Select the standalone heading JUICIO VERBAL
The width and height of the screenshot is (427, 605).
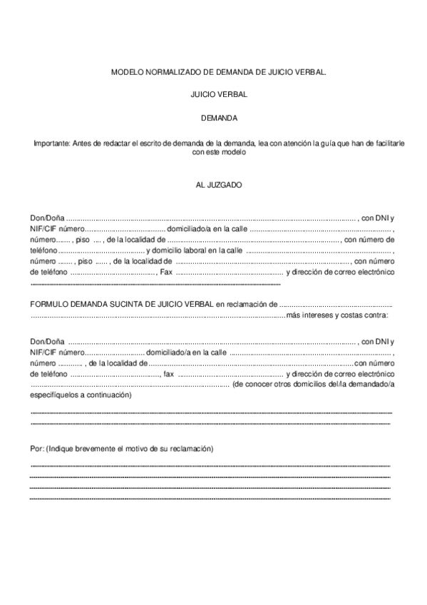[x=213, y=95]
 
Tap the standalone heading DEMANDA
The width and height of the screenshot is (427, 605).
[x=214, y=118]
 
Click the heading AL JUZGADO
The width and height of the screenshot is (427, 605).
[x=214, y=185]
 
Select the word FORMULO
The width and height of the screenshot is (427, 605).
[x=48, y=304]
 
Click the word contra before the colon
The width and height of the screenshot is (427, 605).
[x=374, y=315]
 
